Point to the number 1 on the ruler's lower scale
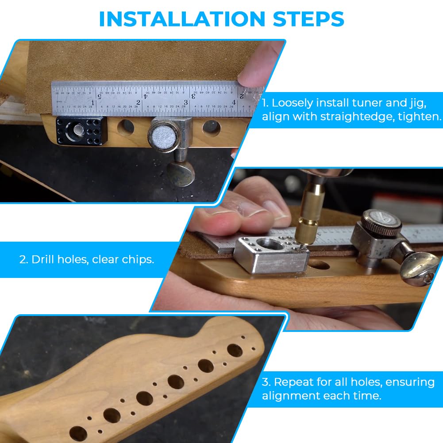pos(92,103)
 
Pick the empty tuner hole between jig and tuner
pos(126,127)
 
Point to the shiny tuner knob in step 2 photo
pos(420,269)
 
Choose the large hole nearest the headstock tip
pos(235,350)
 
